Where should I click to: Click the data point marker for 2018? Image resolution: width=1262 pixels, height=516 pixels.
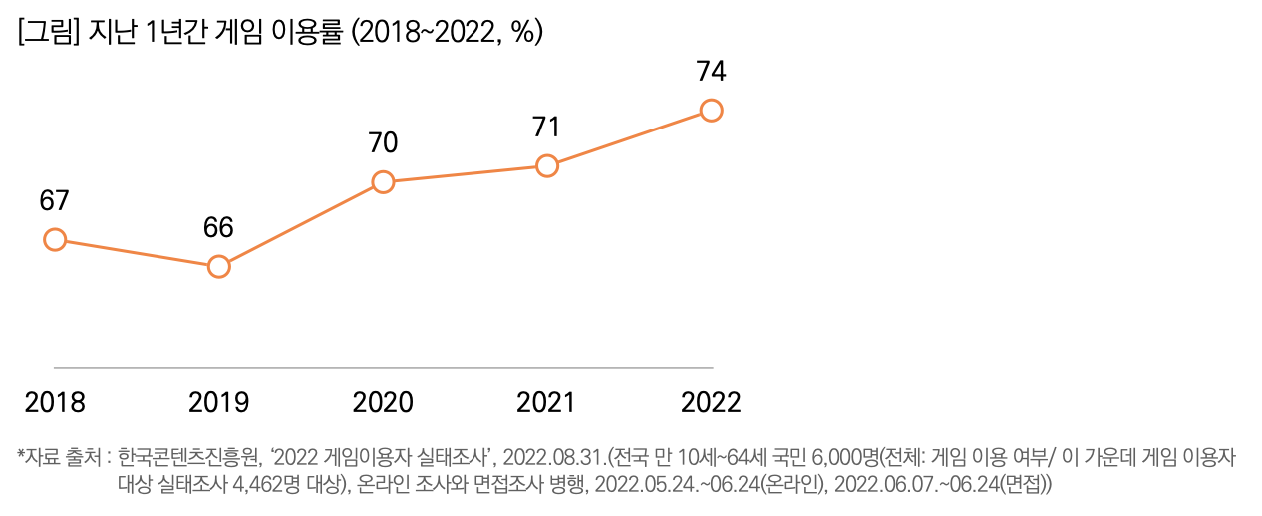[x=55, y=239]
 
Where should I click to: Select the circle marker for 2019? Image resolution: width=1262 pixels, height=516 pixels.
[x=218, y=266]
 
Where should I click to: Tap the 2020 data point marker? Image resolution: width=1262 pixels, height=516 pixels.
[x=383, y=182]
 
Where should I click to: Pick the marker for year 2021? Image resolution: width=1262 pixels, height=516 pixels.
[x=546, y=166]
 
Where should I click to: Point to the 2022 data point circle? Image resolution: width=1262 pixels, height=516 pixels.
[x=711, y=110]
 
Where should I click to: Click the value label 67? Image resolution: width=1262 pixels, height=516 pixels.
[x=54, y=200]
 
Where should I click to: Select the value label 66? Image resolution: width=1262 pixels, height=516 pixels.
[x=218, y=227]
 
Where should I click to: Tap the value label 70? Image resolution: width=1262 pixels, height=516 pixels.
[x=383, y=143]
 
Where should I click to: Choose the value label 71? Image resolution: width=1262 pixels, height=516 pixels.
[x=546, y=128]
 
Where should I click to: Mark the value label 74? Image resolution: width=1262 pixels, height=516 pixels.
[x=711, y=72]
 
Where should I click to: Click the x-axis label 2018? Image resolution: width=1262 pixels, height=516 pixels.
[x=55, y=403]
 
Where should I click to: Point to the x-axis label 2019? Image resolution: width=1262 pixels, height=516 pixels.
[x=218, y=403]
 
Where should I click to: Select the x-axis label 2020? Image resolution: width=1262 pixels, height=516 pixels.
[x=383, y=403]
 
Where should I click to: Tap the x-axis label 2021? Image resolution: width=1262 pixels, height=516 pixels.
[x=546, y=403]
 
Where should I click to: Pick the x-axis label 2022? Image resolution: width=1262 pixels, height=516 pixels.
[x=711, y=403]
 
